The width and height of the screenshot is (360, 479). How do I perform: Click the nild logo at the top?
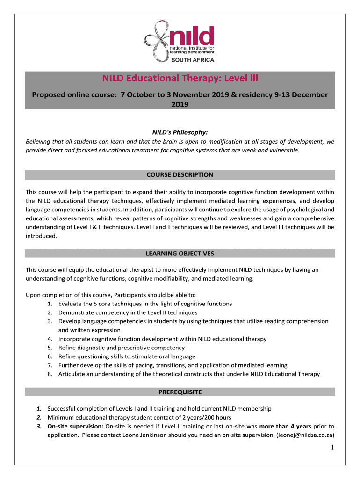[x=180, y=40]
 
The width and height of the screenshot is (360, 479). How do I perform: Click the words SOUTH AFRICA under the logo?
[x=194, y=60]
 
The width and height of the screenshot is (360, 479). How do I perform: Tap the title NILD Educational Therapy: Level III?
[x=180, y=78]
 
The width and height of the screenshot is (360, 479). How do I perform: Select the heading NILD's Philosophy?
[x=180, y=132]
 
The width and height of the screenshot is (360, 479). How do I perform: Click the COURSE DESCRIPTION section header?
[x=180, y=174]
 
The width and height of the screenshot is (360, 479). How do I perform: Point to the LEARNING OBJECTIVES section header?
[x=180, y=254]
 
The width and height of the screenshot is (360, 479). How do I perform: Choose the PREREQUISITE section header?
[x=180, y=392]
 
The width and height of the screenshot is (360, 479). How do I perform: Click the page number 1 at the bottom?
[x=332, y=448]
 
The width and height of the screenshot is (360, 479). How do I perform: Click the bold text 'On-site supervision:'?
[x=75, y=426]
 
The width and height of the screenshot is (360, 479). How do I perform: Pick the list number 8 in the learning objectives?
[x=50, y=374]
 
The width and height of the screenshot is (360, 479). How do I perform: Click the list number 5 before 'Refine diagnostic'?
[x=50, y=348]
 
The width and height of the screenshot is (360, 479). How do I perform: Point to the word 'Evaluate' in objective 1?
[x=71, y=304]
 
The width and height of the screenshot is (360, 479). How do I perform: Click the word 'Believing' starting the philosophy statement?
[x=40, y=141]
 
